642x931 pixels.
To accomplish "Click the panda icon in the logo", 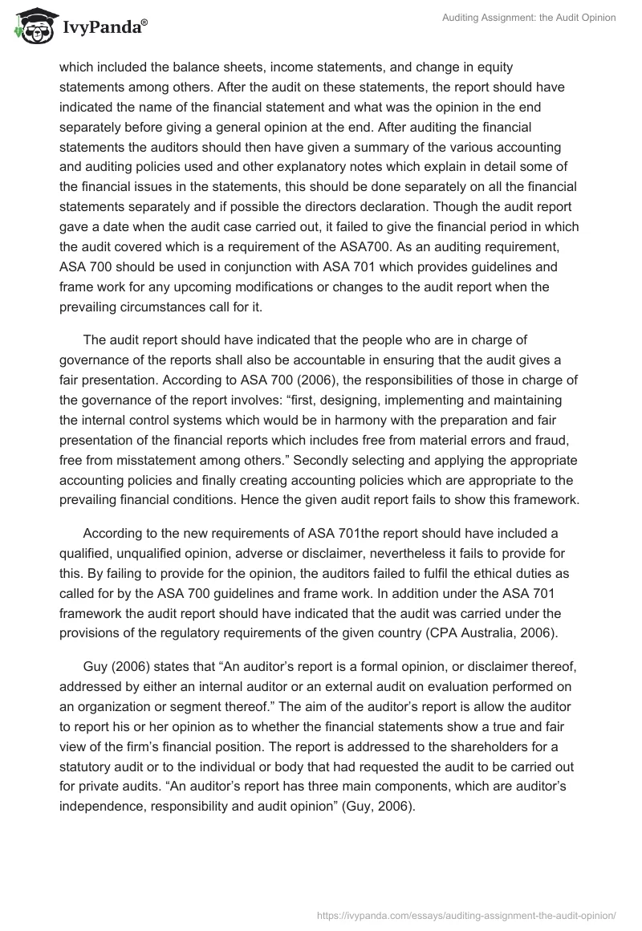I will coord(30,27).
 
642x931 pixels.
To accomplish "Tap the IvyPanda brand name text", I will coord(102,28).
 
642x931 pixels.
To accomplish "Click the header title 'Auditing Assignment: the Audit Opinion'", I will coord(529,18).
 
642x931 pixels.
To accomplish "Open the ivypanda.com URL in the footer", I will coord(466,914).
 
